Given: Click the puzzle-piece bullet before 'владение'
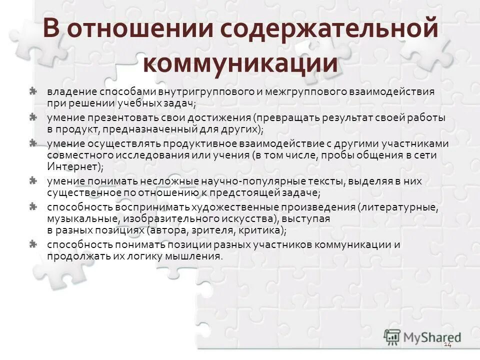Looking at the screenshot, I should click(x=32, y=91).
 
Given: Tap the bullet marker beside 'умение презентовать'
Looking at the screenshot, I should click(x=32, y=117).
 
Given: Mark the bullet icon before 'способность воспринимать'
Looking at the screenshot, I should click(x=32, y=205).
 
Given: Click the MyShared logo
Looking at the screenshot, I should click(x=422, y=336).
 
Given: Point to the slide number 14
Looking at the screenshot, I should click(x=447, y=345).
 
